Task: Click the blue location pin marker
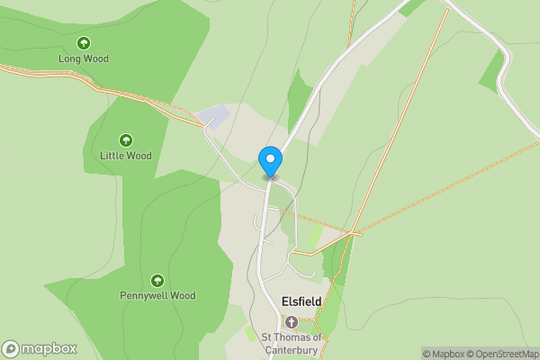coord(270,161)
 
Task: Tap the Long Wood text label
coord(83,58)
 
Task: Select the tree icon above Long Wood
coord(83,42)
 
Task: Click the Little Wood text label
coord(126,156)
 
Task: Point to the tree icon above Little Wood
coord(126,139)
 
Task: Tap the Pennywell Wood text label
coord(157,295)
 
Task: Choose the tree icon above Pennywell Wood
coord(157,280)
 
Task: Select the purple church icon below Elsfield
coord(291,321)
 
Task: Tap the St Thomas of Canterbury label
coord(291,344)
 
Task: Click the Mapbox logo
coord(40,348)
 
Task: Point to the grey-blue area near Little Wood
coord(212,116)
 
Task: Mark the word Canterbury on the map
coord(291,350)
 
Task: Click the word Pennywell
coord(144,295)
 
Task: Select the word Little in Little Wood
coord(113,156)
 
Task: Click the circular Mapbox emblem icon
coord(11,348)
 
